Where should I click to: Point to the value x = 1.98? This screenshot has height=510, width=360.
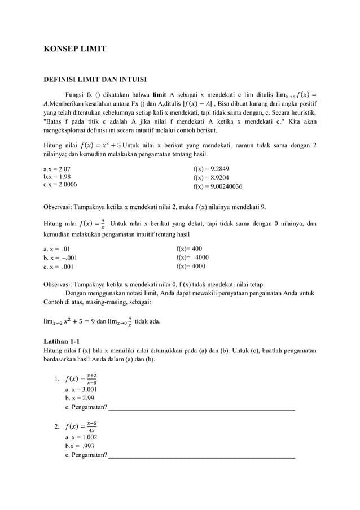click(57, 177)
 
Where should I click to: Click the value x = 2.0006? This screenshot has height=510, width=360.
click(60, 185)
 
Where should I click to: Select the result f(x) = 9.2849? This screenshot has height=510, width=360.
click(211, 169)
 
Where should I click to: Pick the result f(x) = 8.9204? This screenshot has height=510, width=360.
click(211, 177)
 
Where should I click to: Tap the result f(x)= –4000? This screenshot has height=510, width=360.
click(192, 257)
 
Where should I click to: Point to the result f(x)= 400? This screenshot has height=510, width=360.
click(189, 249)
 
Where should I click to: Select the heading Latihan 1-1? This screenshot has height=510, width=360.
click(62, 341)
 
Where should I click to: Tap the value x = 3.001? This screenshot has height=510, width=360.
click(81, 389)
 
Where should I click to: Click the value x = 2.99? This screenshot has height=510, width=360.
click(80, 398)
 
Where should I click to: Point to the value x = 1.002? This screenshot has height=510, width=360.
click(81, 437)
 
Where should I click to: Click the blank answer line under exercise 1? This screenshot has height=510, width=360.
click(201, 409)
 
